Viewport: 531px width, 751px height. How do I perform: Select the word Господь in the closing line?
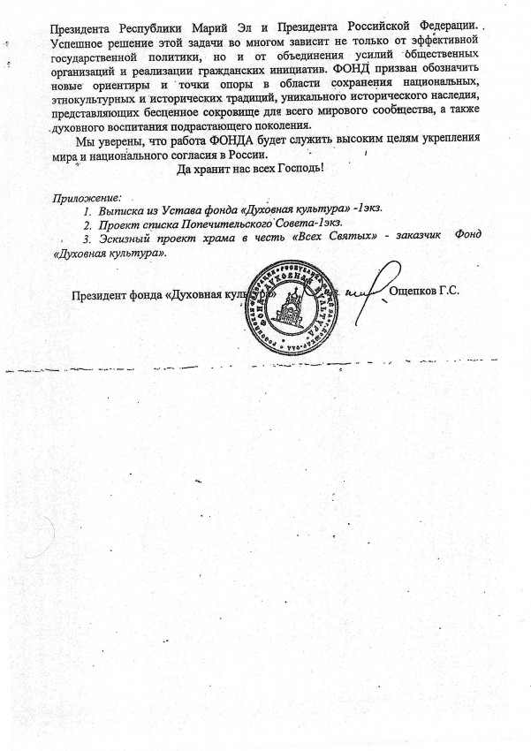[299, 168]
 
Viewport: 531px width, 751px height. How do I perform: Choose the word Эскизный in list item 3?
[127, 239]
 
